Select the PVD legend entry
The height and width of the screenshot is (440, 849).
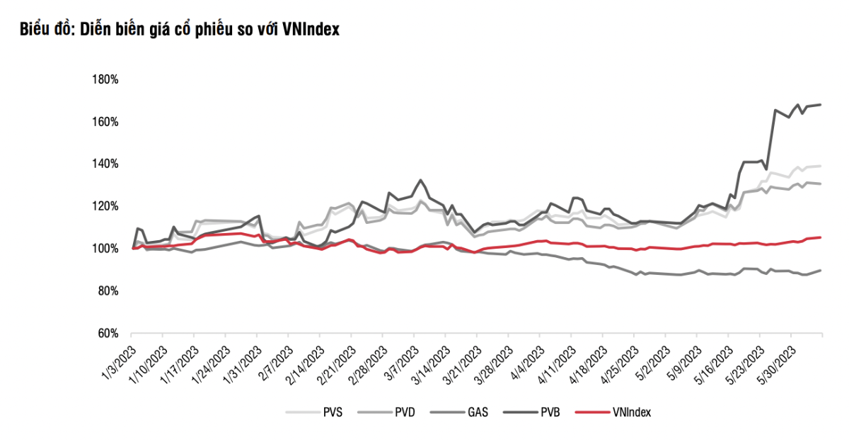pos(405,412)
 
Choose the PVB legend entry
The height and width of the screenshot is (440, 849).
pos(550,412)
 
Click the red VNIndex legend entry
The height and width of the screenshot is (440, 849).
pos(630,412)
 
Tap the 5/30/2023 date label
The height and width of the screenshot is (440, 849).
pos(778,363)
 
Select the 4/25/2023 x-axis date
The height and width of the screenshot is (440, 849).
pos(620,363)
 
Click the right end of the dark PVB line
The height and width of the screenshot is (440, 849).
pos(821,105)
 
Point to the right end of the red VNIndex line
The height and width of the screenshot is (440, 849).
pos(821,237)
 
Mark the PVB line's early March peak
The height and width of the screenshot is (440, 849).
pos(421,180)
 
